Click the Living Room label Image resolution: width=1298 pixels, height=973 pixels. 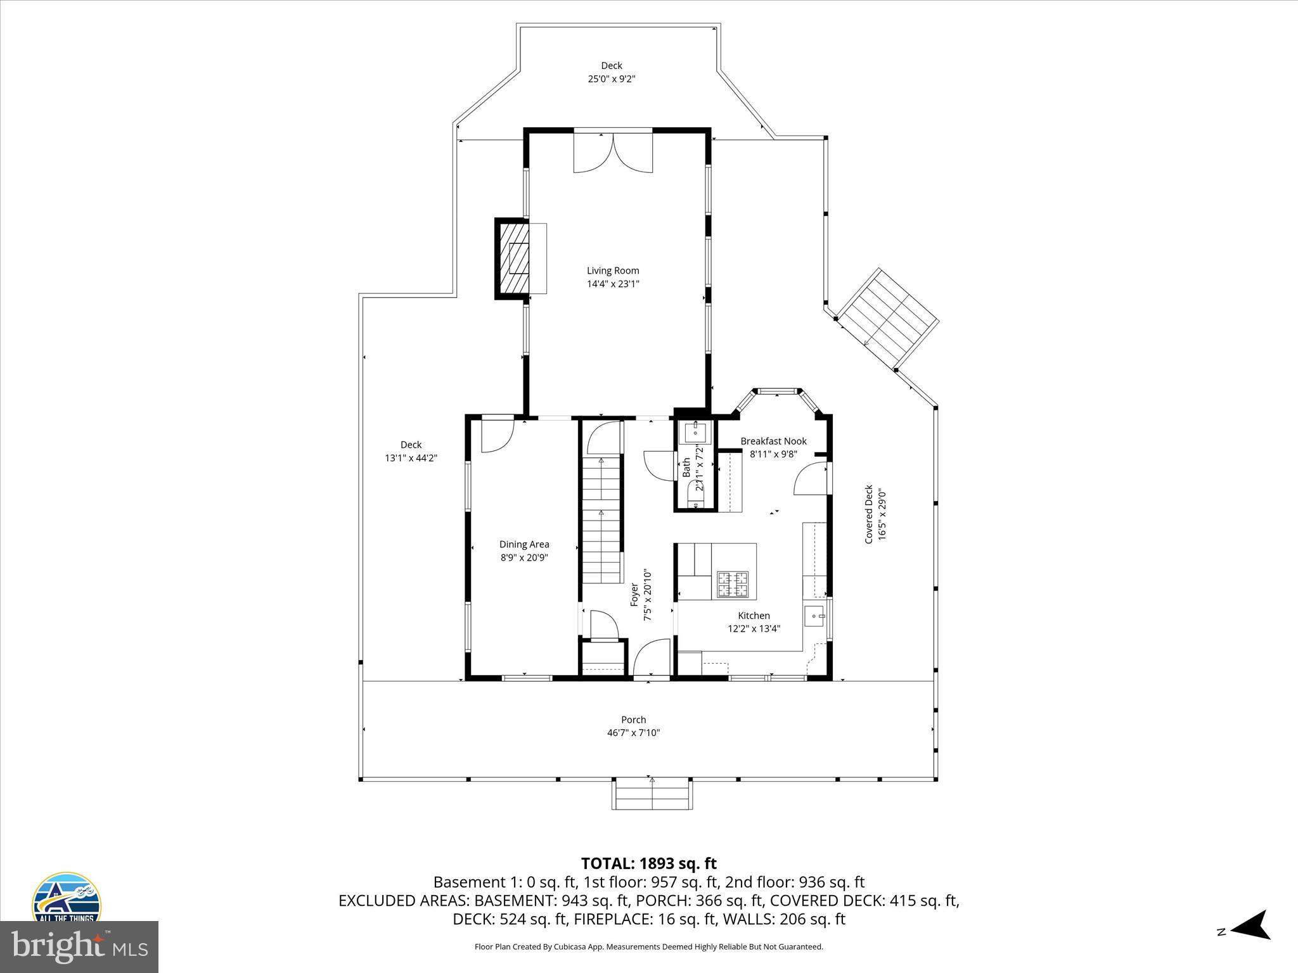click(612, 270)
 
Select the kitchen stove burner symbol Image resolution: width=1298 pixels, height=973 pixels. click(732, 584)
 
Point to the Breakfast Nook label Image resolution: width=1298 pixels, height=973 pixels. click(773, 441)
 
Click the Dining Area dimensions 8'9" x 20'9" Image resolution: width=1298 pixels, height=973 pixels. click(524, 557)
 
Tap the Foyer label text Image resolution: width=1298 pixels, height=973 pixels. click(634, 594)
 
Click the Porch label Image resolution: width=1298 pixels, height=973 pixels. click(633, 720)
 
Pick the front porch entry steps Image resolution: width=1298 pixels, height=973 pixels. click(652, 794)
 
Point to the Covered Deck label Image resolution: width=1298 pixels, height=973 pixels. click(869, 514)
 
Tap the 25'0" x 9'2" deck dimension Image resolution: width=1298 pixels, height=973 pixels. click(611, 79)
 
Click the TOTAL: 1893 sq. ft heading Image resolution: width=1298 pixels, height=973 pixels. click(648, 863)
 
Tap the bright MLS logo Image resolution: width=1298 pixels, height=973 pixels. click(79, 946)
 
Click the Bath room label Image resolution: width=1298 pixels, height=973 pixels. click(686, 467)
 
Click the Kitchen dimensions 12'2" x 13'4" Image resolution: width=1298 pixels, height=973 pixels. click(754, 628)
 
